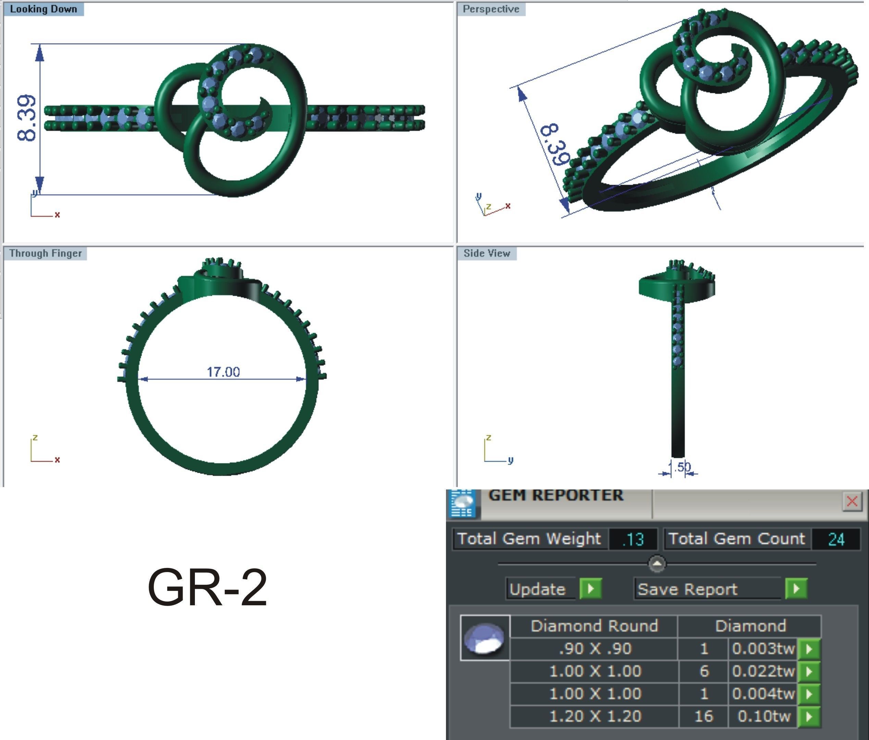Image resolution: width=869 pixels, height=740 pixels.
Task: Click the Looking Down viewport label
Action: coord(43,9)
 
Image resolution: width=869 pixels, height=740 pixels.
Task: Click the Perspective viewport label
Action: coord(491,9)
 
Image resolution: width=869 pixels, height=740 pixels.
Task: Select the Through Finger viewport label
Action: coord(45,253)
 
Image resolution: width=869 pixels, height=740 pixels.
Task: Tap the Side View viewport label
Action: coord(486,253)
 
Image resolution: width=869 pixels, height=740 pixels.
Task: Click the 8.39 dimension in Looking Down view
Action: coord(26,118)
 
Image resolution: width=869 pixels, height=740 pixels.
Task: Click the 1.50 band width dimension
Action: coord(679,467)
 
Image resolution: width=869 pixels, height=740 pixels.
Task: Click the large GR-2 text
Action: coord(208,587)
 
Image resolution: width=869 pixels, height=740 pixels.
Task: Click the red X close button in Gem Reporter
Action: coord(852,501)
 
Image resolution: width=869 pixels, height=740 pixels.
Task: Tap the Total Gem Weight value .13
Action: coord(633,539)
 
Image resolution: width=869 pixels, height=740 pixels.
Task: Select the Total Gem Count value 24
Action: coord(836,539)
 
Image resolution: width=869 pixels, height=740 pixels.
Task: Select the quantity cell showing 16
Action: coord(704,716)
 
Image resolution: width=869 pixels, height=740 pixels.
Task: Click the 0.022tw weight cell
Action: coord(763,671)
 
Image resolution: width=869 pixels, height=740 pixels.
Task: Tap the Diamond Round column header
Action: coord(594,626)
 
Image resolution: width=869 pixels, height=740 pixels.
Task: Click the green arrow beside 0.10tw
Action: coord(809,716)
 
